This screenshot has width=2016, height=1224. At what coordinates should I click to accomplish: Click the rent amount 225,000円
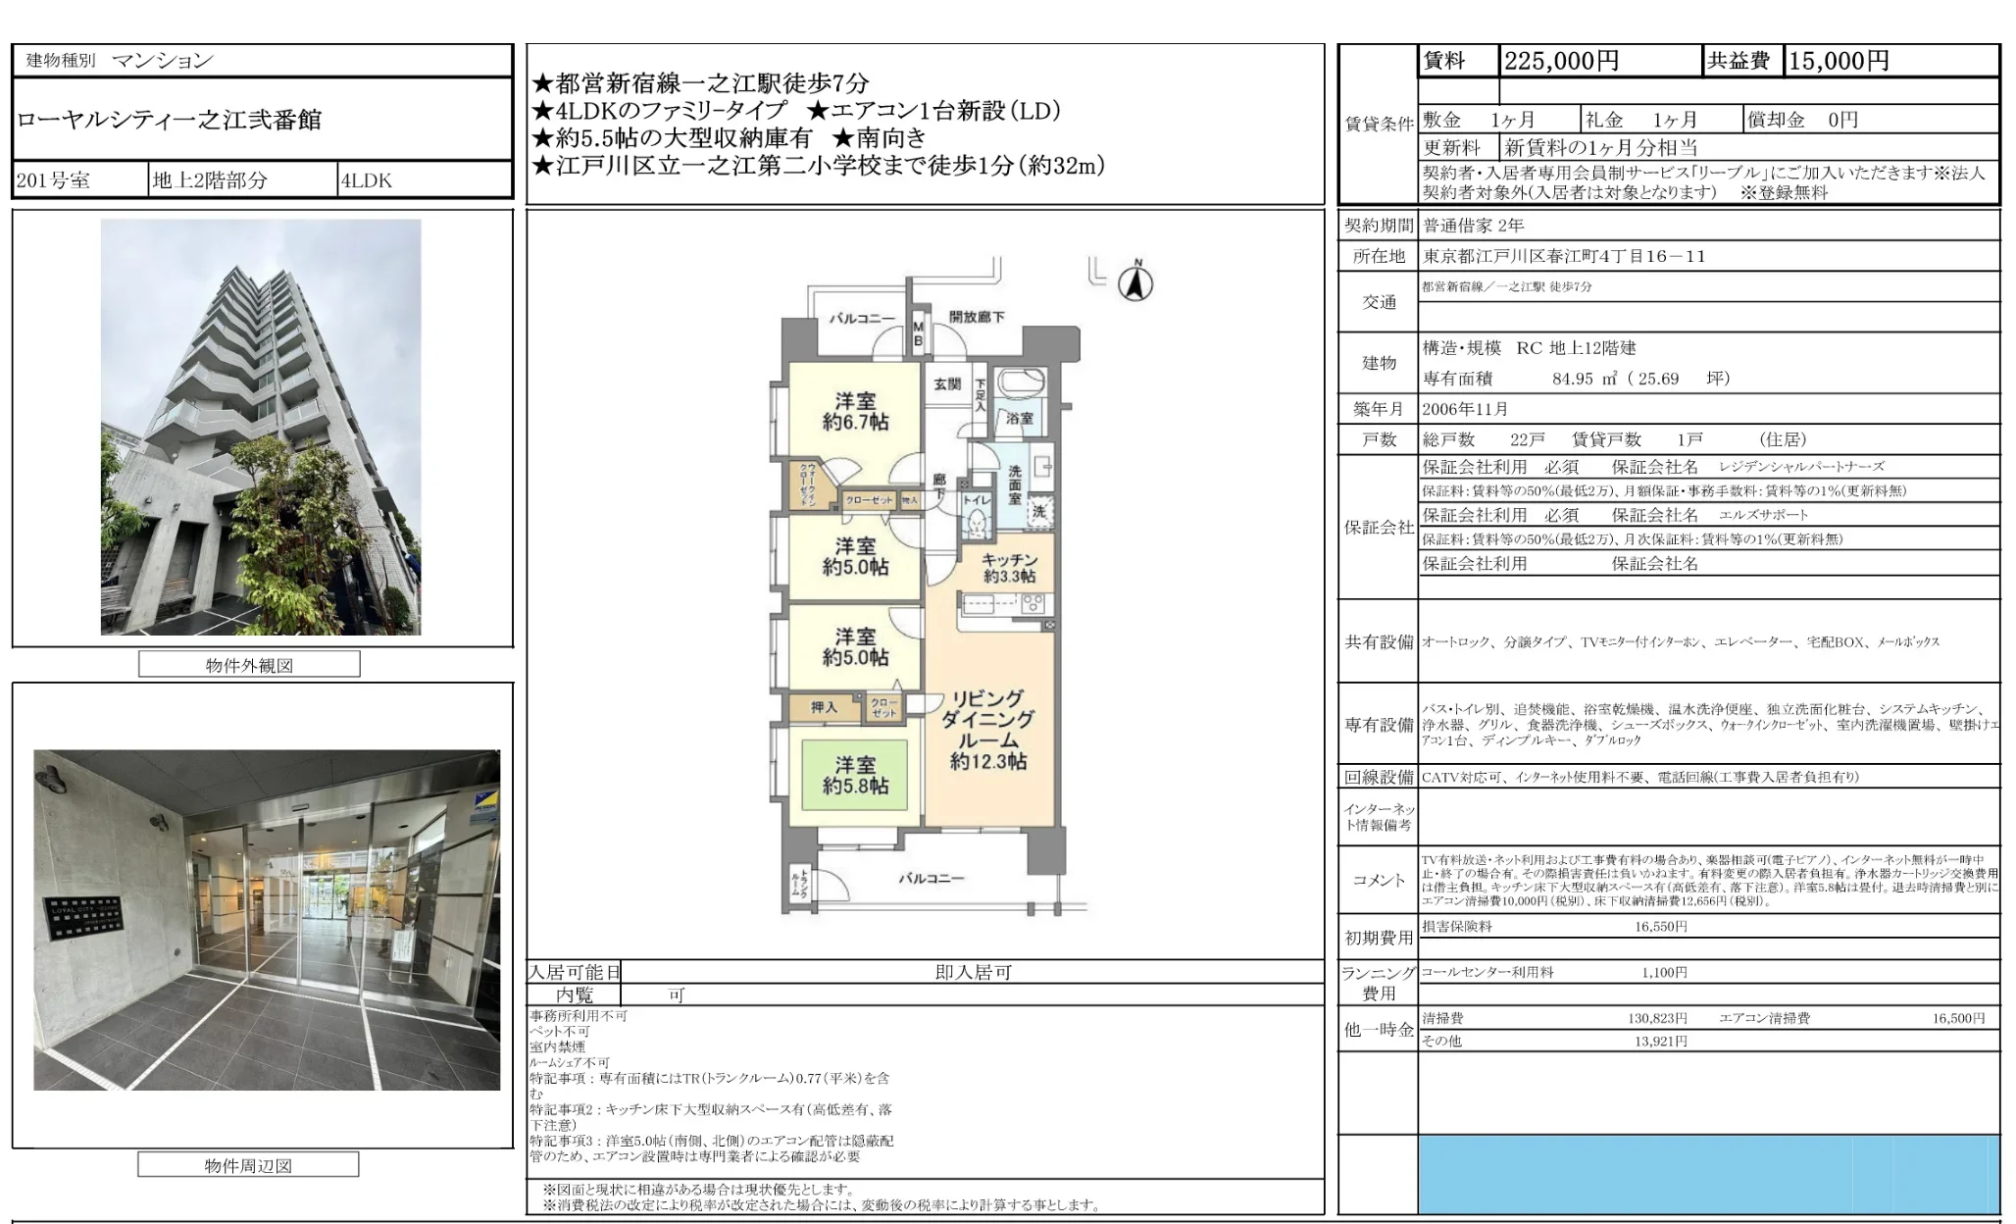tap(1561, 61)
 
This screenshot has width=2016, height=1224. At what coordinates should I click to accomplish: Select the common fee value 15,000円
tap(1839, 61)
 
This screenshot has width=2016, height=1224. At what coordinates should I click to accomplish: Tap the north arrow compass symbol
tap(1135, 283)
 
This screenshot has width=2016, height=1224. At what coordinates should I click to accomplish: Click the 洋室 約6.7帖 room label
tap(855, 412)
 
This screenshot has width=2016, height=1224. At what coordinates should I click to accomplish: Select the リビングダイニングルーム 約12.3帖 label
tap(987, 730)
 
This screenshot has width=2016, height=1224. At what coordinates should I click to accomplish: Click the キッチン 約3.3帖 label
tap(1009, 568)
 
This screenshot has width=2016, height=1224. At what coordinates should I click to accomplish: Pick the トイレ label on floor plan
tap(977, 500)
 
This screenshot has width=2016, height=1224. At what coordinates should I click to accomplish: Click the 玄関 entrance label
tap(946, 384)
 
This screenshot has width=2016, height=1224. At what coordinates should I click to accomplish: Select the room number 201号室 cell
tap(54, 180)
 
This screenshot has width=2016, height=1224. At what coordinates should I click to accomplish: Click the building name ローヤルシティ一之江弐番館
tap(169, 121)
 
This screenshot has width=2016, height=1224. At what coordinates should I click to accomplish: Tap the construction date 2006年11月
tap(1465, 409)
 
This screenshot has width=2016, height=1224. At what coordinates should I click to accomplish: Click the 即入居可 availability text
tap(973, 972)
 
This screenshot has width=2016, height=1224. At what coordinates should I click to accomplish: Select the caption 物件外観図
tap(249, 665)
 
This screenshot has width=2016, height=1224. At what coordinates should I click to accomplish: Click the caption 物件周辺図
tap(248, 1165)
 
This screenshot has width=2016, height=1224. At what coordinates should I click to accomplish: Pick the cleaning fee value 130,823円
tap(1657, 1018)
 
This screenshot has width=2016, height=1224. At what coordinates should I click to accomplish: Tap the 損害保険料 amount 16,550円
tap(1660, 926)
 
